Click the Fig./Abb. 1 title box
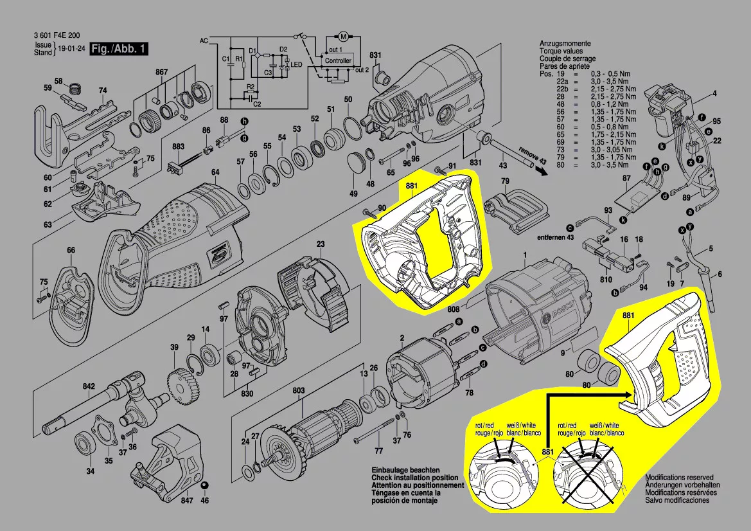[119, 49]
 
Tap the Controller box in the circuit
[338, 60]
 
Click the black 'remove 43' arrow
[542, 171]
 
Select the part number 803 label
[299, 390]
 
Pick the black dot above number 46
[205, 484]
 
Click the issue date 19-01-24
[71, 49]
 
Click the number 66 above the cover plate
[71, 250]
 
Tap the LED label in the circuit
[296, 65]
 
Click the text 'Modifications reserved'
[679, 478]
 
